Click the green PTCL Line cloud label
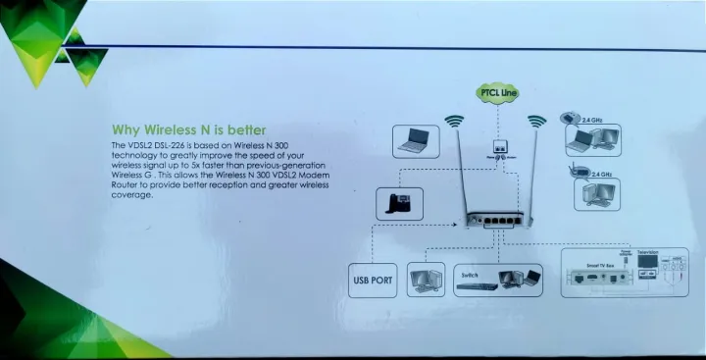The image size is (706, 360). [x=497, y=93]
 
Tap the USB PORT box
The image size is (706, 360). [x=373, y=281]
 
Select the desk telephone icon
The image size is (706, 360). [x=399, y=203]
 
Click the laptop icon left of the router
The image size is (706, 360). [x=417, y=141]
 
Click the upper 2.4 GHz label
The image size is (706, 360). [x=591, y=120]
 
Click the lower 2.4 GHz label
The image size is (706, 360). [x=601, y=174]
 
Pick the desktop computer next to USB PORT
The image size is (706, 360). [x=425, y=280]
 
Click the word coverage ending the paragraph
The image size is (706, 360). [x=132, y=193]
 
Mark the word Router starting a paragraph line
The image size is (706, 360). [x=126, y=183]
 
